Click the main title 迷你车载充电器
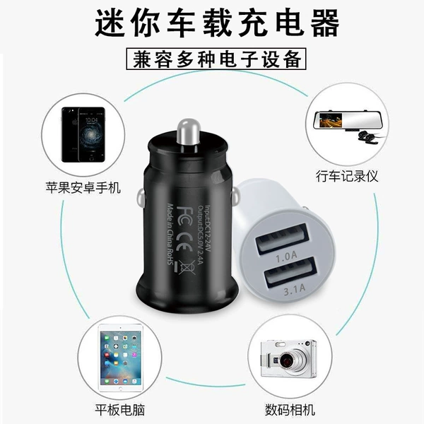click(217, 23)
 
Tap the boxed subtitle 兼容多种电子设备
click(216, 59)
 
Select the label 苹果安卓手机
click(83, 188)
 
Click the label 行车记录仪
click(347, 176)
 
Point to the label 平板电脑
click(120, 410)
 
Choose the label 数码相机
click(290, 410)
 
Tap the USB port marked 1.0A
click(283, 239)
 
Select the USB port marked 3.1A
click(290, 272)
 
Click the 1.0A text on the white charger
click(286, 257)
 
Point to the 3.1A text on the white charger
click(295, 290)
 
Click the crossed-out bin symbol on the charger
click(187, 268)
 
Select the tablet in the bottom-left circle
click(120, 358)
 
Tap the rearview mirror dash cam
click(347, 121)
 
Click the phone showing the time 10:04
click(91, 135)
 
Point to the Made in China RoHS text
click(170, 234)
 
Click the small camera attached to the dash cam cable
click(366, 137)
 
